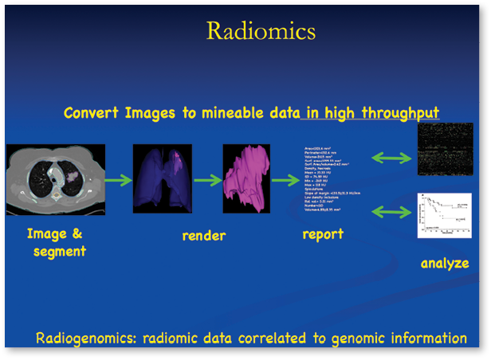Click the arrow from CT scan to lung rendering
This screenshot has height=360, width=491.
(118, 182)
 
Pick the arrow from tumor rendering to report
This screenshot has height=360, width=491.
(284, 182)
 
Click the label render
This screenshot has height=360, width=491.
(204, 236)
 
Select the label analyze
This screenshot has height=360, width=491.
(445, 263)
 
